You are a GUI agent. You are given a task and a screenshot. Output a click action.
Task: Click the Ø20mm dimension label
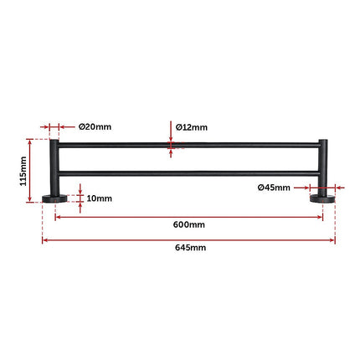click(95, 127)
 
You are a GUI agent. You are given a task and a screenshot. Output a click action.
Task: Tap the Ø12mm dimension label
click(192, 127)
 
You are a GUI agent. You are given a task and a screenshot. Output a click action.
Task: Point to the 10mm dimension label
click(99, 198)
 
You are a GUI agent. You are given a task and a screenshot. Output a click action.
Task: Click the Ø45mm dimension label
click(274, 188)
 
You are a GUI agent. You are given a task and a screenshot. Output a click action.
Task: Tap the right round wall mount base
click(323, 198)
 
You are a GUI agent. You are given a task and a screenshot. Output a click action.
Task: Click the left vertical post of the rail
click(54, 167)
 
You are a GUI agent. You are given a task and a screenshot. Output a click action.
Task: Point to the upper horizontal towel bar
click(188, 147)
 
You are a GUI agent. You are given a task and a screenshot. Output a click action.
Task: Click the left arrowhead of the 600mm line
click(58, 217)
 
